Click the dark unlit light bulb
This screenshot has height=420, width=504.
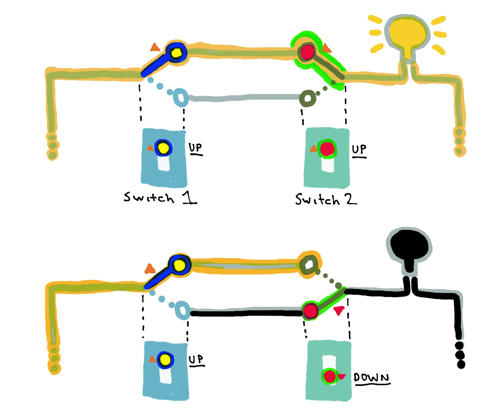click(409, 245)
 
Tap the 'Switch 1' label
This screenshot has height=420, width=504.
click(160, 198)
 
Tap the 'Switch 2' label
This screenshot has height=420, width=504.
click(325, 199)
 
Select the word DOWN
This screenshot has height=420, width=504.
click(371, 378)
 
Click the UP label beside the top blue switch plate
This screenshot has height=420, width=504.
click(196, 148)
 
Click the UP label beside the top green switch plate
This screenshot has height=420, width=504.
click(359, 150)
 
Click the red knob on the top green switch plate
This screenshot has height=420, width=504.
click(327, 149)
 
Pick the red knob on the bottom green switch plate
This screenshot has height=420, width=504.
click(329, 377)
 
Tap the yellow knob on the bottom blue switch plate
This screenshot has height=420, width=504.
click(165, 360)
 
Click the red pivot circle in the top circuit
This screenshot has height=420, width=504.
click(308, 52)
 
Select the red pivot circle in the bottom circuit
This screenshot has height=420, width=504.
click(310, 310)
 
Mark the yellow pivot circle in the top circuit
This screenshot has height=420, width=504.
click(176, 52)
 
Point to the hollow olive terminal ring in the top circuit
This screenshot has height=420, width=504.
click(307, 99)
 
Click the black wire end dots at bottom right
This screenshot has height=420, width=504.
click(460, 355)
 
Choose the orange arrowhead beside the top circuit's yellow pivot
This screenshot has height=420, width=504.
click(155, 48)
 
